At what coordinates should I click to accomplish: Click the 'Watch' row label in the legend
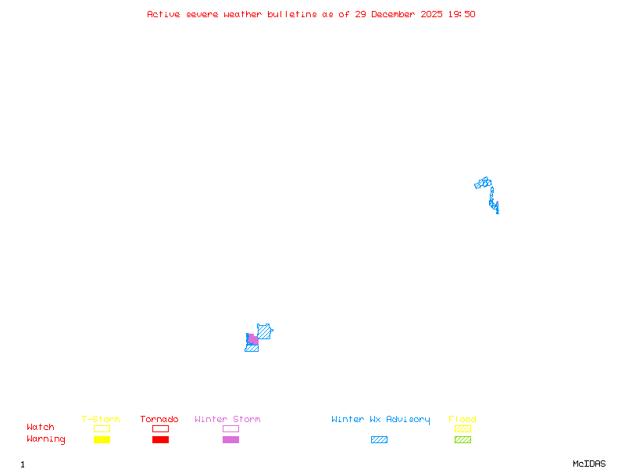pyautogui.click(x=41, y=428)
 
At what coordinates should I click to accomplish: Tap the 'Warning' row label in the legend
pyautogui.click(x=45, y=439)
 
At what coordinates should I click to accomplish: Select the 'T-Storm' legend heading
pyautogui.click(x=101, y=420)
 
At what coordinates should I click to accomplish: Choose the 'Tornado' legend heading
pyautogui.click(x=159, y=420)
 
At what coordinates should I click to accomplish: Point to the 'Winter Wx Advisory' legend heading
pyautogui.click(x=380, y=420)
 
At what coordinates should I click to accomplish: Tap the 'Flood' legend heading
pyautogui.click(x=462, y=420)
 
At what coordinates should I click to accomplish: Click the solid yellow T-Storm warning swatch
pyautogui.click(x=102, y=439)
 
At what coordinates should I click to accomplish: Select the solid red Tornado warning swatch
pyautogui.click(x=160, y=439)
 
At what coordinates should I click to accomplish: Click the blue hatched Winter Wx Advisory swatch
pyautogui.click(x=379, y=439)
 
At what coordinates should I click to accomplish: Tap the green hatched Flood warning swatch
pyautogui.click(x=462, y=439)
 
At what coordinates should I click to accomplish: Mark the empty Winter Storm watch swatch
pyautogui.click(x=230, y=428)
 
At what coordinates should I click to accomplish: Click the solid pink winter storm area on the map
pyautogui.click(x=253, y=340)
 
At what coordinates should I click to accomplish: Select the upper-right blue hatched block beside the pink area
pyautogui.click(x=265, y=331)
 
